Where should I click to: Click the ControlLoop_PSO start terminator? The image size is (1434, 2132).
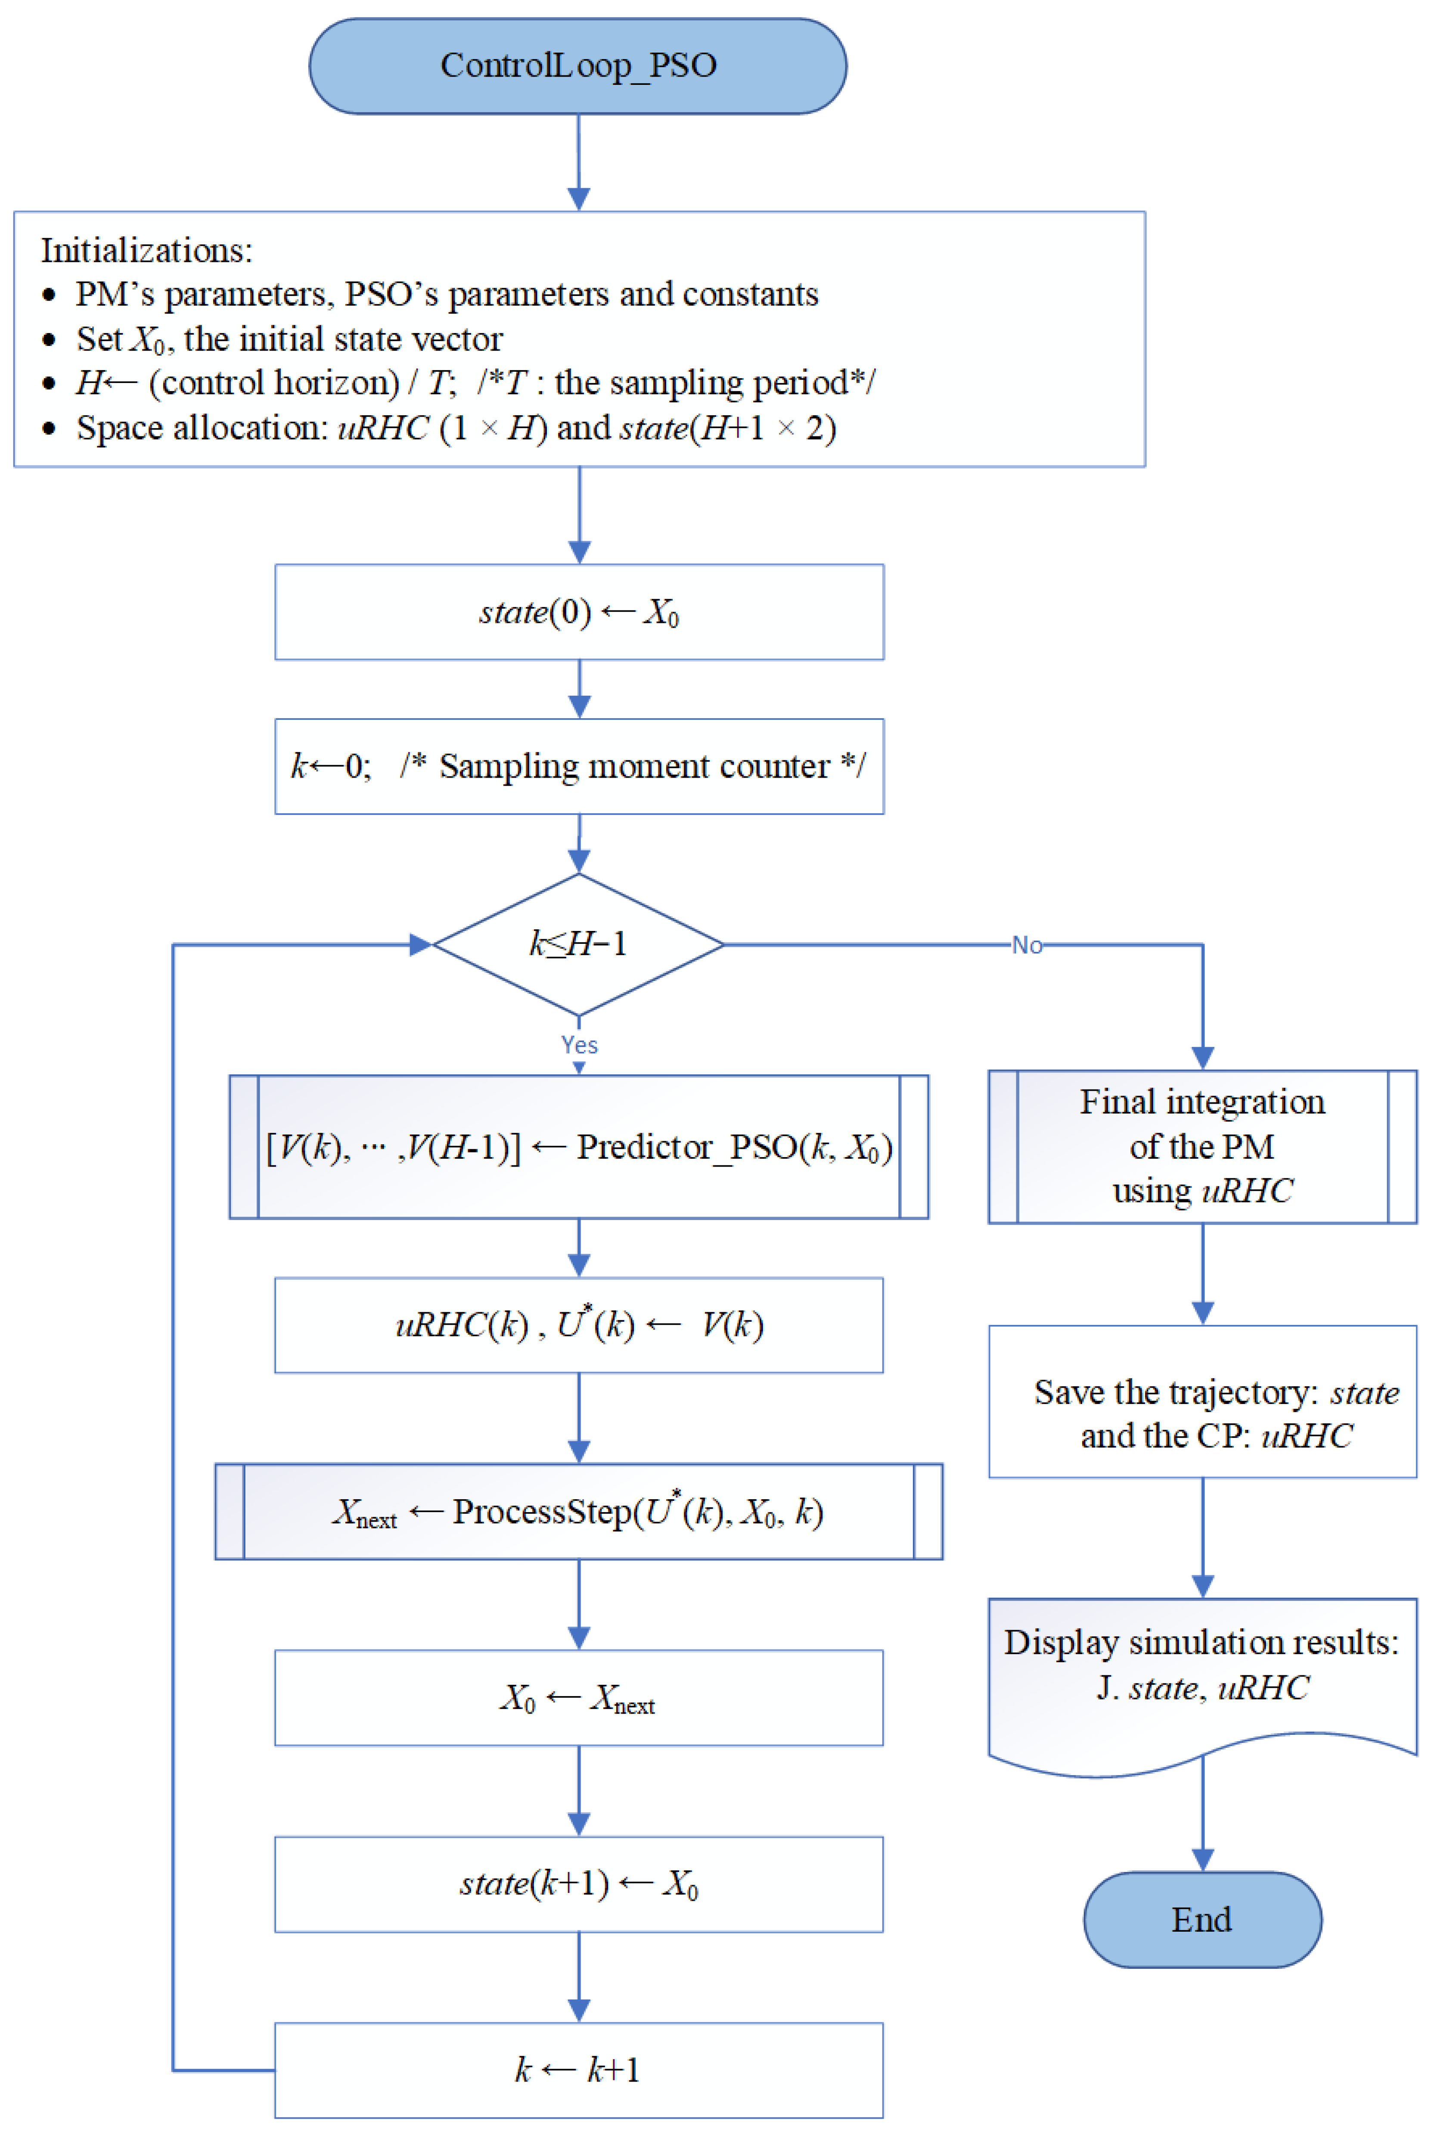click(578, 66)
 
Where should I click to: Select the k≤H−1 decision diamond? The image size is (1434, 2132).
click(578, 944)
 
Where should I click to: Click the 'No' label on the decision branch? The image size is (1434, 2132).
click(1026, 945)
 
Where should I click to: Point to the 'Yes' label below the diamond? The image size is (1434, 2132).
click(579, 1045)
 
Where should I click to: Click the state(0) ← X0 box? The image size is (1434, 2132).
click(579, 612)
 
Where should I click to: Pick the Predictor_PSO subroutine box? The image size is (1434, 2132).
click(579, 1146)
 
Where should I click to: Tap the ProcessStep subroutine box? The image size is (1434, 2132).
click(579, 1511)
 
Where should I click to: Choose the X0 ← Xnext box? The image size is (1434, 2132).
click(579, 1698)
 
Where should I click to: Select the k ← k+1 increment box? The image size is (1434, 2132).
click(579, 2070)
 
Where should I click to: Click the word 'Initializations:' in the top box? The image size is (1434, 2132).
click(146, 250)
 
